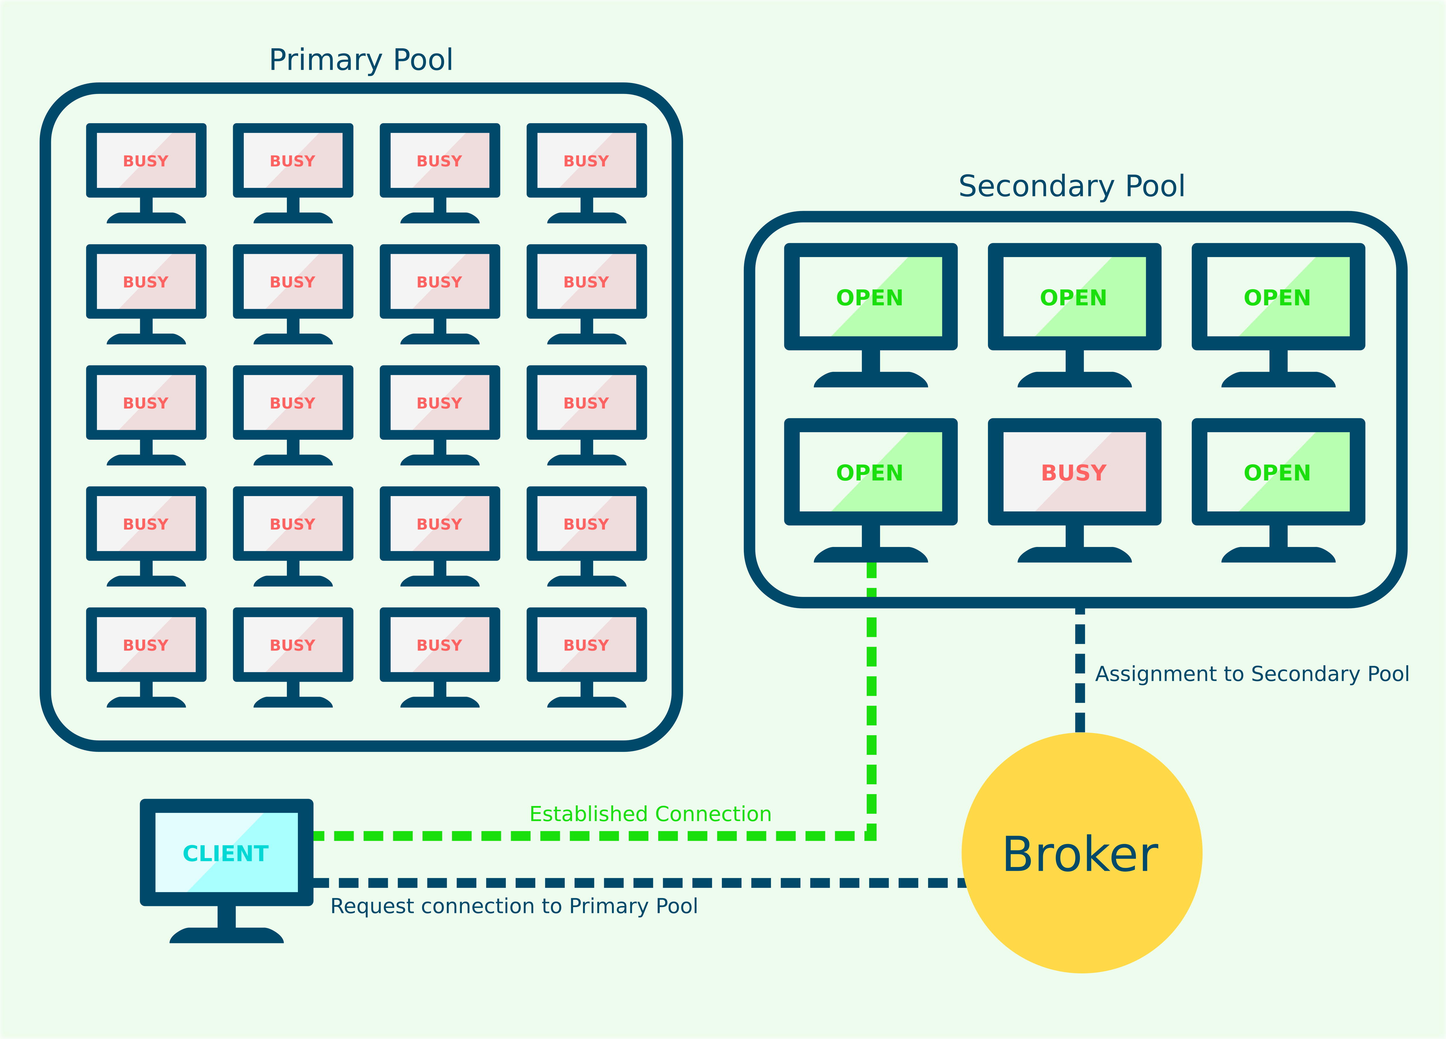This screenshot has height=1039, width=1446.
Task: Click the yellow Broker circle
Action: click(x=1081, y=853)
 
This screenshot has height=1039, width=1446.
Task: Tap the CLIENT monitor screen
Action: click(x=226, y=852)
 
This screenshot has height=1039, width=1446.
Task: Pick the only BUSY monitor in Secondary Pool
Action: click(x=1074, y=472)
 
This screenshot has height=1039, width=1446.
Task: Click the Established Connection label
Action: click(x=650, y=814)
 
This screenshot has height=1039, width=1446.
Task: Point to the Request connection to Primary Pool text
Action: click(x=514, y=906)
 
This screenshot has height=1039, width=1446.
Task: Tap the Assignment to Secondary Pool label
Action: click(x=1252, y=674)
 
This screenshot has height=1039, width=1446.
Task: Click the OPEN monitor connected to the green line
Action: click(x=870, y=472)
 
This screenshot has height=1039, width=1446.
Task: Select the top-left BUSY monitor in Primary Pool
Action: click(x=146, y=161)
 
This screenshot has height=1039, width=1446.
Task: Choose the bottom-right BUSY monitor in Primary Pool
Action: click(x=586, y=645)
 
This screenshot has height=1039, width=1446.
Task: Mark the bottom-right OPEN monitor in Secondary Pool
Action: click(x=1278, y=472)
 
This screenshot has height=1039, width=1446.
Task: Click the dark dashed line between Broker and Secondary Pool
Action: click(x=1080, y=669)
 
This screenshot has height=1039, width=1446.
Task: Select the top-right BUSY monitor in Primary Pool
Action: click(x=586, y=161)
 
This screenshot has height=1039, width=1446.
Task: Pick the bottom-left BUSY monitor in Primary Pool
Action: click(x=146, y=645)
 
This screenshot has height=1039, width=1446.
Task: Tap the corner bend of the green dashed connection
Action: click(x=872, y=836)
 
